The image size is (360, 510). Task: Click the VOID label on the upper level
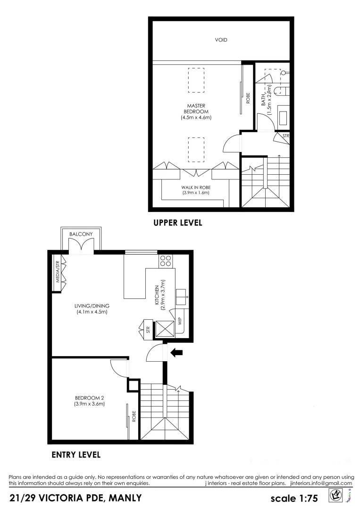(221, 40)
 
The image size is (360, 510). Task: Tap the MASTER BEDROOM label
(195, 109)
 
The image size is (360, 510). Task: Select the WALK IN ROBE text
(196, 187)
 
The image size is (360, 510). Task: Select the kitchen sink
(182, 296)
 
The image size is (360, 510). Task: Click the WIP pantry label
(180, 322)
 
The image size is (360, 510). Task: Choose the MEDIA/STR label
(58, 272)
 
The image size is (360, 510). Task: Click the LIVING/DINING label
(92, 306)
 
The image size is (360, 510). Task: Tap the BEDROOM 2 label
(89, 397)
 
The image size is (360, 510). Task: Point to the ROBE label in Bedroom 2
(134, 416)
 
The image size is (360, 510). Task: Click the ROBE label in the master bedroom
(248, 98)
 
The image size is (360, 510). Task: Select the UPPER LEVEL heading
(177, 222)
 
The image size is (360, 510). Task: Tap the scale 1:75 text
(294, 498)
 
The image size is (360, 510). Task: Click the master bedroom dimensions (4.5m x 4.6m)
(195, 118)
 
